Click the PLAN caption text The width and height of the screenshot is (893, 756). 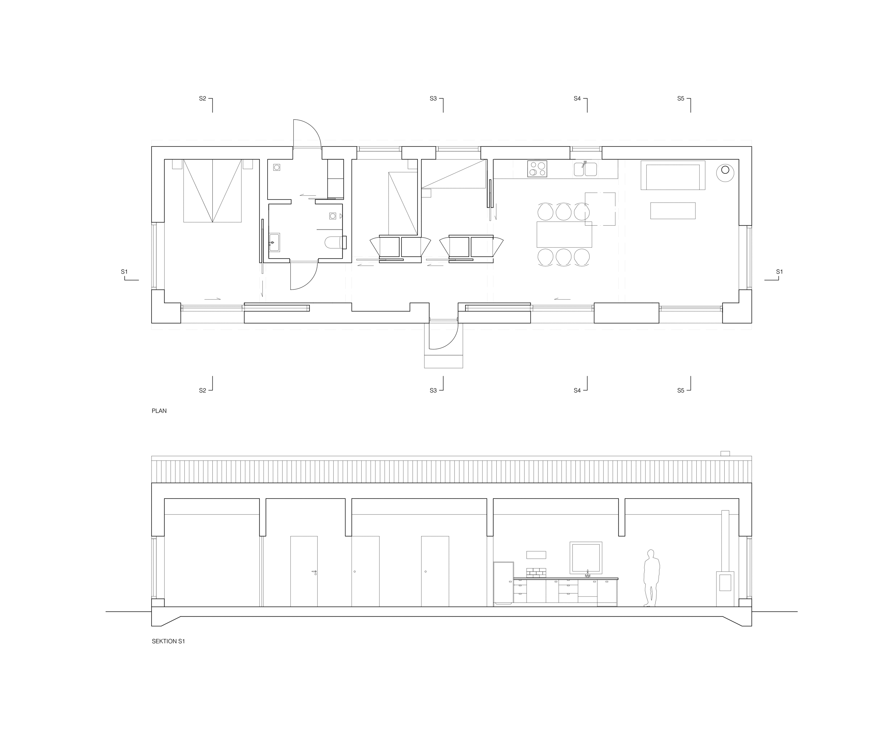[159, 411]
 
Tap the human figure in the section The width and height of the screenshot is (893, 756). [651, 578]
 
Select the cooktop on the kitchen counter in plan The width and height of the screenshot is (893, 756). [537, 169]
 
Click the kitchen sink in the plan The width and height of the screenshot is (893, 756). [585, 169]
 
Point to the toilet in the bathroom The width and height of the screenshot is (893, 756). [335, 243]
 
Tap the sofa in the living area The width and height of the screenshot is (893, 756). [673, 175]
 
